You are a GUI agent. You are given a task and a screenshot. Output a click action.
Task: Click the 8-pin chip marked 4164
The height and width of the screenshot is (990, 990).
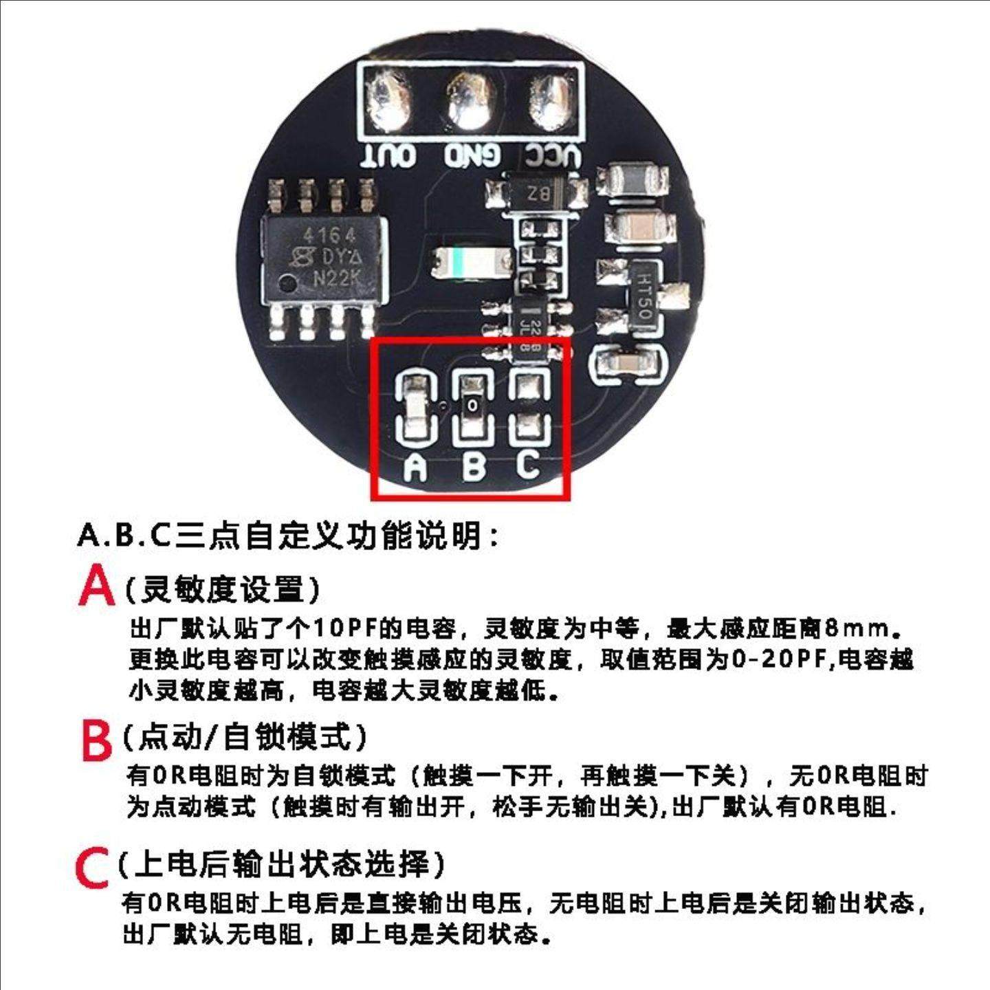[323, 261]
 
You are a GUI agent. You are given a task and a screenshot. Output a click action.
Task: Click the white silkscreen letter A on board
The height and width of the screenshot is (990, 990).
[415, 467]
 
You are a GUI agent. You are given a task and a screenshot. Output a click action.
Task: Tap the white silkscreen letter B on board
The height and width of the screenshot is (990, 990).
[474, 466]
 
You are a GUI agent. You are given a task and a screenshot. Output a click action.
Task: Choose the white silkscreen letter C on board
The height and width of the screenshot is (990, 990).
[528, 464]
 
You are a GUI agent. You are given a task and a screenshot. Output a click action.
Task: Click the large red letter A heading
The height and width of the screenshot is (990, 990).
[96, 586]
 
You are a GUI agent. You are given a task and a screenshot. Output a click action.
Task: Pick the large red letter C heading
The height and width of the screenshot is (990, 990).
[92, 868]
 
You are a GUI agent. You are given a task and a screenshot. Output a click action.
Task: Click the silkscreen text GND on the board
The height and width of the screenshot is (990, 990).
[471, 156]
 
